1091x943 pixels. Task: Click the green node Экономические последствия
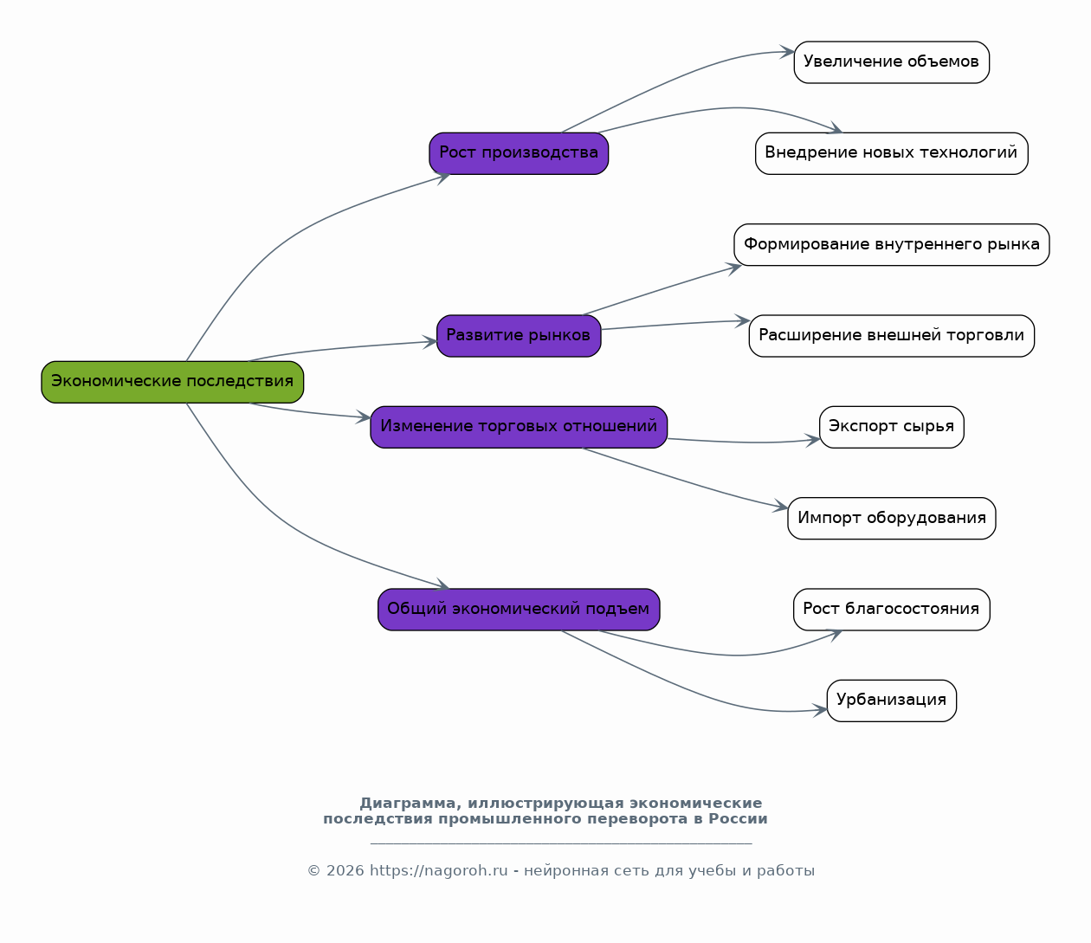click(x=172, y=382)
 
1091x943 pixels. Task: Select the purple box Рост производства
click(x=519, y=153)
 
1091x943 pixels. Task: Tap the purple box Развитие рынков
click(x=519, y=336)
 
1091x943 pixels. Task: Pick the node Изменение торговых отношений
click(x=519, y=427)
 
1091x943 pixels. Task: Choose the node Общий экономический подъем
click(x=519, y=610)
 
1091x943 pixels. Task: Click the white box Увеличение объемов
click(x=892, y=62)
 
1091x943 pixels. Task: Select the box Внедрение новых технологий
click(x=892, y=153)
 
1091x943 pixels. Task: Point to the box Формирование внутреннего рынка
click(x=892, y=244)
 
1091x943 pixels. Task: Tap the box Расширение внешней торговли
click(x=892, y=336)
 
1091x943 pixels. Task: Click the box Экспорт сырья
click(x=892, y=427)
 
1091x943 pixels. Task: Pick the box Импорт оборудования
click(x=892, y=518)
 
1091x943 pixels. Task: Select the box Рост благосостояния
click(x=892, y=610)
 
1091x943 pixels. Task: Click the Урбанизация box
click(x=892, y=701)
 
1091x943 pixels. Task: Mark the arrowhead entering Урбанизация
click(x=820, y=710)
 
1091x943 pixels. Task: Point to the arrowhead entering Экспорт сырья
click(x=813, y=441)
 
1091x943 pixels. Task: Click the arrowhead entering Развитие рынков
click(x=430, y=342)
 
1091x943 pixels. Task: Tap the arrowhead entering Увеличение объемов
click(x=787, y=52)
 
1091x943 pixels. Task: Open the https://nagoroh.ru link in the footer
click(x=439, y=870)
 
